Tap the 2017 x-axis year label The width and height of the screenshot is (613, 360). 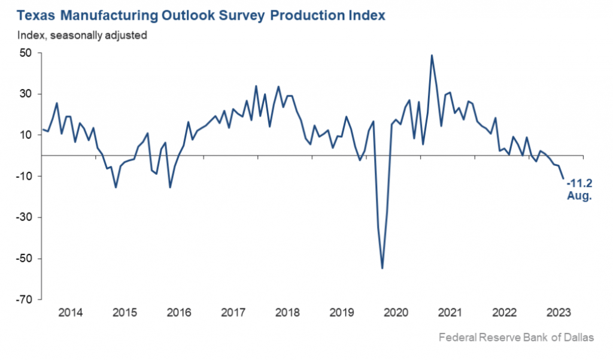[233, 313]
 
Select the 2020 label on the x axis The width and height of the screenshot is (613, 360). [396, 313]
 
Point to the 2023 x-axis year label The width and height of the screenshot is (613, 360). [558, 313]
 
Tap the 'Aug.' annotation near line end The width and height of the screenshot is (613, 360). [579, 196]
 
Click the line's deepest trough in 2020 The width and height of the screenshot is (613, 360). [382, 268]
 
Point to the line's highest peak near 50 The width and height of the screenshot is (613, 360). [432, 55]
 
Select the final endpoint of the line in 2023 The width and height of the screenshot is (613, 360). [563, 178]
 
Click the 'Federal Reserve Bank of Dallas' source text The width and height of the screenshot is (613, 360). [516, 338]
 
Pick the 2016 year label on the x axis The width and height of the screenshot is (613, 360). [179, 313]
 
